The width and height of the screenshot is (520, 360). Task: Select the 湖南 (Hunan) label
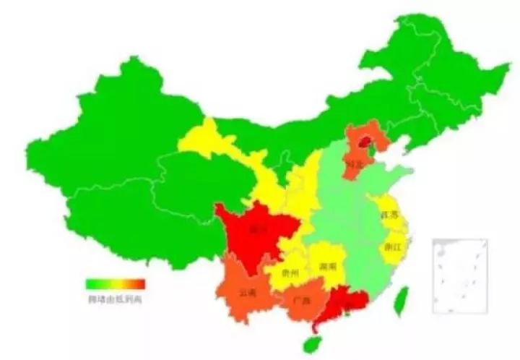328,266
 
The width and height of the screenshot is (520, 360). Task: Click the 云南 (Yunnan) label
246,293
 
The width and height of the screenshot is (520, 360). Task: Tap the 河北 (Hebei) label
354,164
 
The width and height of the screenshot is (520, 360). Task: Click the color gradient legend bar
116,284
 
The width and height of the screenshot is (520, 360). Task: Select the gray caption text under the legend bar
116,297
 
